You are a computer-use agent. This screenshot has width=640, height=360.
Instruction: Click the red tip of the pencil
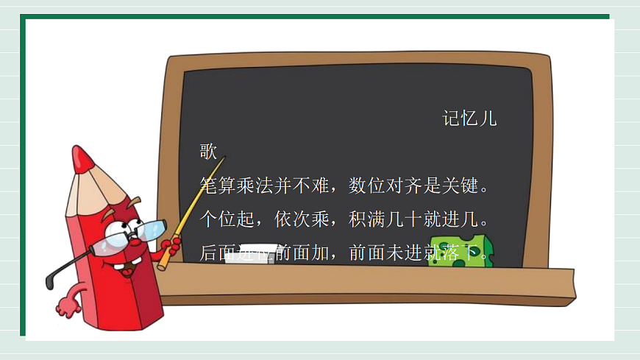(82, 158)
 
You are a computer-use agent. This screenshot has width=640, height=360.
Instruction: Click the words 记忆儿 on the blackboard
(469, 119)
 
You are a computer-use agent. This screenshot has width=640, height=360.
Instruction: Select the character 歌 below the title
(208, 152)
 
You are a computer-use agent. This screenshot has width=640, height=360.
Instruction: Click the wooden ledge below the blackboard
(368, 283)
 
